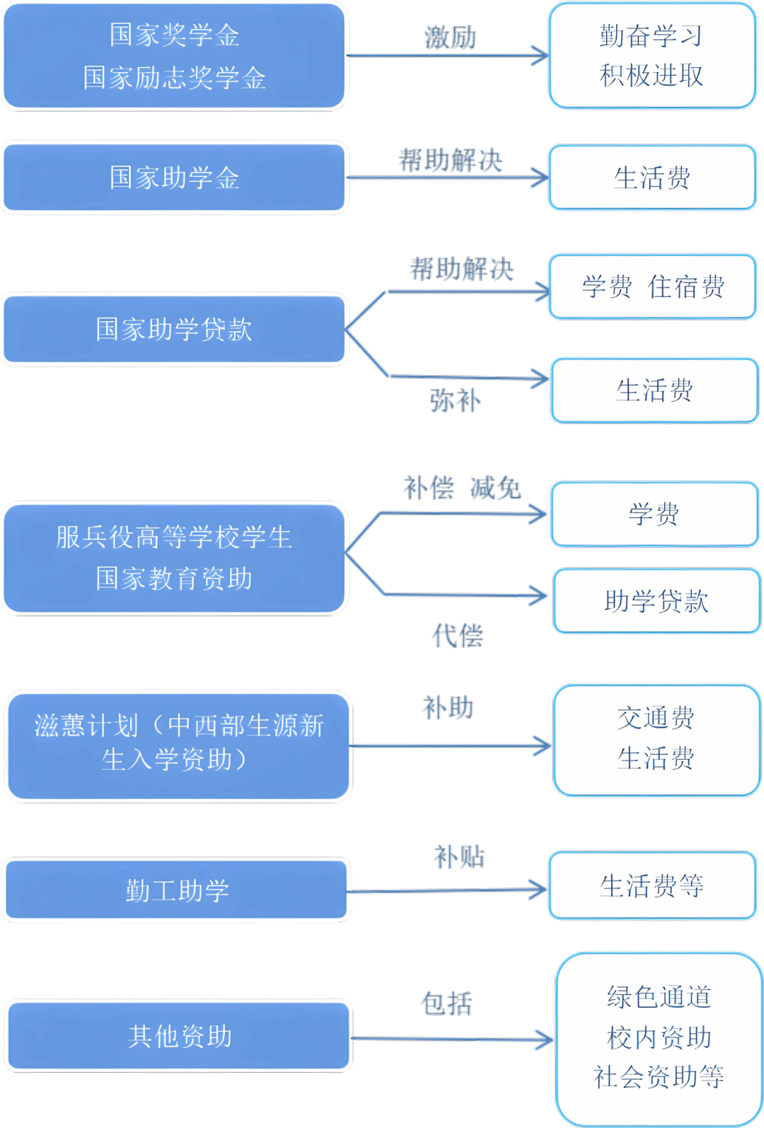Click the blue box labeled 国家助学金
click(175, 178)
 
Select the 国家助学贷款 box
click(175, 330)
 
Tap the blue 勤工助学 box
click(177, 890)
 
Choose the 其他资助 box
click(179, 1036)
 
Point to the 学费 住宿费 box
click(652, 286)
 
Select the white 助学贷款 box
click(656, 601)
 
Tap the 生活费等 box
click(652, 885)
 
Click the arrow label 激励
click(450, 37)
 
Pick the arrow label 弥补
click(455, 401)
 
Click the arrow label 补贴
click(458, 857)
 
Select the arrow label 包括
click(446, 1004)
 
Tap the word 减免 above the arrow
click(495, 488)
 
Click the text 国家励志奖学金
click(174, 78)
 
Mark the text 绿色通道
click(659, 997)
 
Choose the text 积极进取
click(652, 75)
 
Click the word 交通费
click(656, 718)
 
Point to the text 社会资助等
click(659, 1077)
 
